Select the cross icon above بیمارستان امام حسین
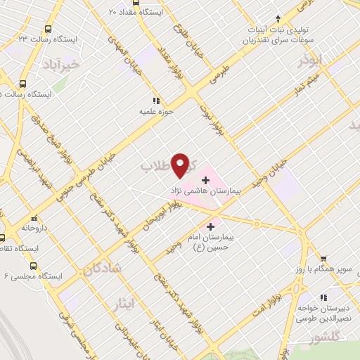point(210,226)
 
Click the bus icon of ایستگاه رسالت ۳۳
point(48,29)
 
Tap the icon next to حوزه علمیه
point(157,100)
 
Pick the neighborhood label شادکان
point(101,268)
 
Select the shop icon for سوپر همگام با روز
point(323,259)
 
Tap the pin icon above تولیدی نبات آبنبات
point(278,18)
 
